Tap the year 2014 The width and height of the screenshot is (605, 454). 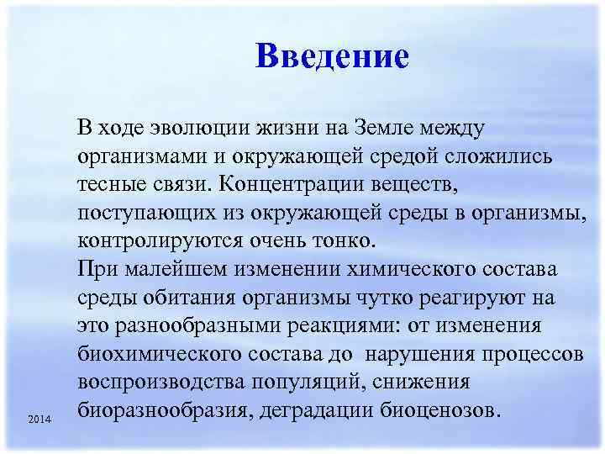click(x=39, y=419)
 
